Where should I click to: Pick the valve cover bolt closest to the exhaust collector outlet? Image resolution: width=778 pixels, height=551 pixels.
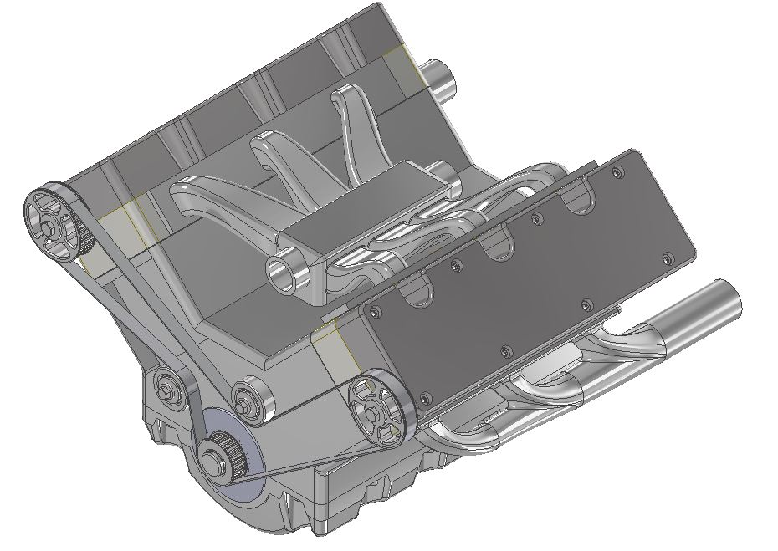pyautogui.click(x=667, y=258)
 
